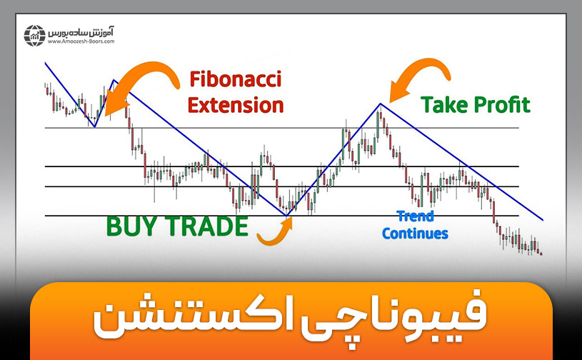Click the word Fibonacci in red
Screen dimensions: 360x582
[235, 79]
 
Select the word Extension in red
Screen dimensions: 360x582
[235, 105]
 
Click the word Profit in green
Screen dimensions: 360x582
[503, 105]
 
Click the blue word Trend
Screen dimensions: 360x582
[415, 216]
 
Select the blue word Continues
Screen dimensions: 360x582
[415, 233]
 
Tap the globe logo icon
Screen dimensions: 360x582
[34, 35]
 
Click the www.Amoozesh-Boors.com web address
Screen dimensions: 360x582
[80, 41]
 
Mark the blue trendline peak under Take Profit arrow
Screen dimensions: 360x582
[381, 104]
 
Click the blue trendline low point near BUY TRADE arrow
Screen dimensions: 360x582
[286, 215]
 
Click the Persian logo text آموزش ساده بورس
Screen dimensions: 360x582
[80, 31]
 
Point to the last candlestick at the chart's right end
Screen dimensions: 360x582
[541, 252]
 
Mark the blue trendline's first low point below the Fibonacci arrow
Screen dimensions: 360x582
[94, 127]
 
